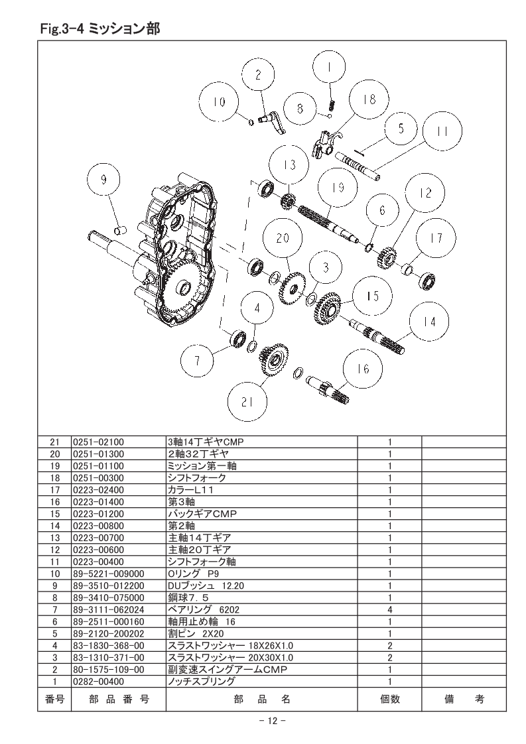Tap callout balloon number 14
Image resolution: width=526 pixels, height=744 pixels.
coord(429,322)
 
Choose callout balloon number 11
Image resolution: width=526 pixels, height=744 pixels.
coord(442,131)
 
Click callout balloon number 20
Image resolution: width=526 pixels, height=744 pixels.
coord(283,239)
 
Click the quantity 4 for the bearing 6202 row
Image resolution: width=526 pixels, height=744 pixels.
coord(390,609)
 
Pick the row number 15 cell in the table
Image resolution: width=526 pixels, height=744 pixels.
coord(54,514)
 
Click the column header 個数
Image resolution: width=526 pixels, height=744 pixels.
coord(390,698)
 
